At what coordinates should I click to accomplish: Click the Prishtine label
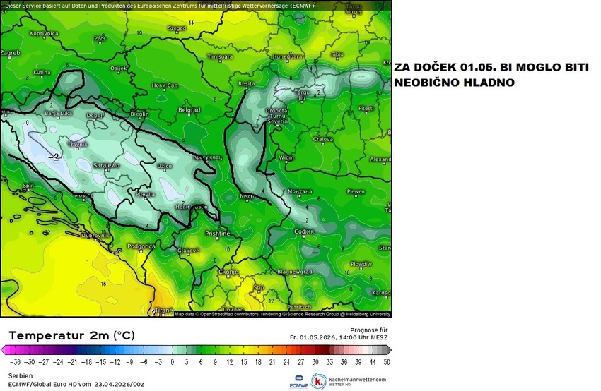coord(217,233)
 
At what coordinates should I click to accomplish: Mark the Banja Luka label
coord(59,113)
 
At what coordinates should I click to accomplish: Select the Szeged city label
coord(176,28)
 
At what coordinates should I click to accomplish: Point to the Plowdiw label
coord(361,263)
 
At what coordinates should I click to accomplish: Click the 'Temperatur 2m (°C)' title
coord(71,335)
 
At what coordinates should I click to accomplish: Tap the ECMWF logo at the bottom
coord(298,380)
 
